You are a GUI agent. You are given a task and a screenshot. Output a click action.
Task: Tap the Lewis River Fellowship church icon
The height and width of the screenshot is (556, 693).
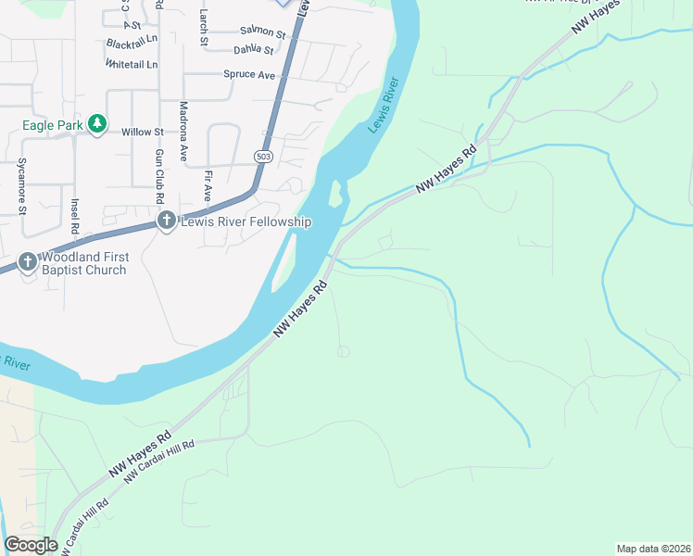[x=167, y=221]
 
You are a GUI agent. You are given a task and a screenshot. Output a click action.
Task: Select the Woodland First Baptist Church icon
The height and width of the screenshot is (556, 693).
[x=27, y=261]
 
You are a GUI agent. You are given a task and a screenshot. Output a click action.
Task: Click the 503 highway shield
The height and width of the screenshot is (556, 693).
[x=263, y=158]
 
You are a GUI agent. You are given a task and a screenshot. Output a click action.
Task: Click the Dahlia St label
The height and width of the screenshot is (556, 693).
[x=255, y=50]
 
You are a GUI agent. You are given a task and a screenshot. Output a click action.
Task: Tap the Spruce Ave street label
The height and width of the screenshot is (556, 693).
[x=249, y=74]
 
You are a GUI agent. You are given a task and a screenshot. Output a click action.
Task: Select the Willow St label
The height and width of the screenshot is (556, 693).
[x=142, y=133]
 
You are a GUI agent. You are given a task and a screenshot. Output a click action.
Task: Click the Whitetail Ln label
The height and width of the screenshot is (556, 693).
[x=132, y=65]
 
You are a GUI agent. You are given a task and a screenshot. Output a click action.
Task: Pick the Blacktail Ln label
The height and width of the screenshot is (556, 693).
[x=132, y=44]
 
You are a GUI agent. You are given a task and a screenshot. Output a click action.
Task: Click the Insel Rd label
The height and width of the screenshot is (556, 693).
[x=75, y=215]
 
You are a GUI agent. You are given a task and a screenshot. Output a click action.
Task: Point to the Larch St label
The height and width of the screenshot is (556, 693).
[x=203, y=27]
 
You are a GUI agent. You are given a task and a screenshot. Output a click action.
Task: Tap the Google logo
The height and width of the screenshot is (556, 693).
[x=31, y=544]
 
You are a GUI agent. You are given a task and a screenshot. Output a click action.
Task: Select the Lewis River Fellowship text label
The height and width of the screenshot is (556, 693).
[x=246, y=221]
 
